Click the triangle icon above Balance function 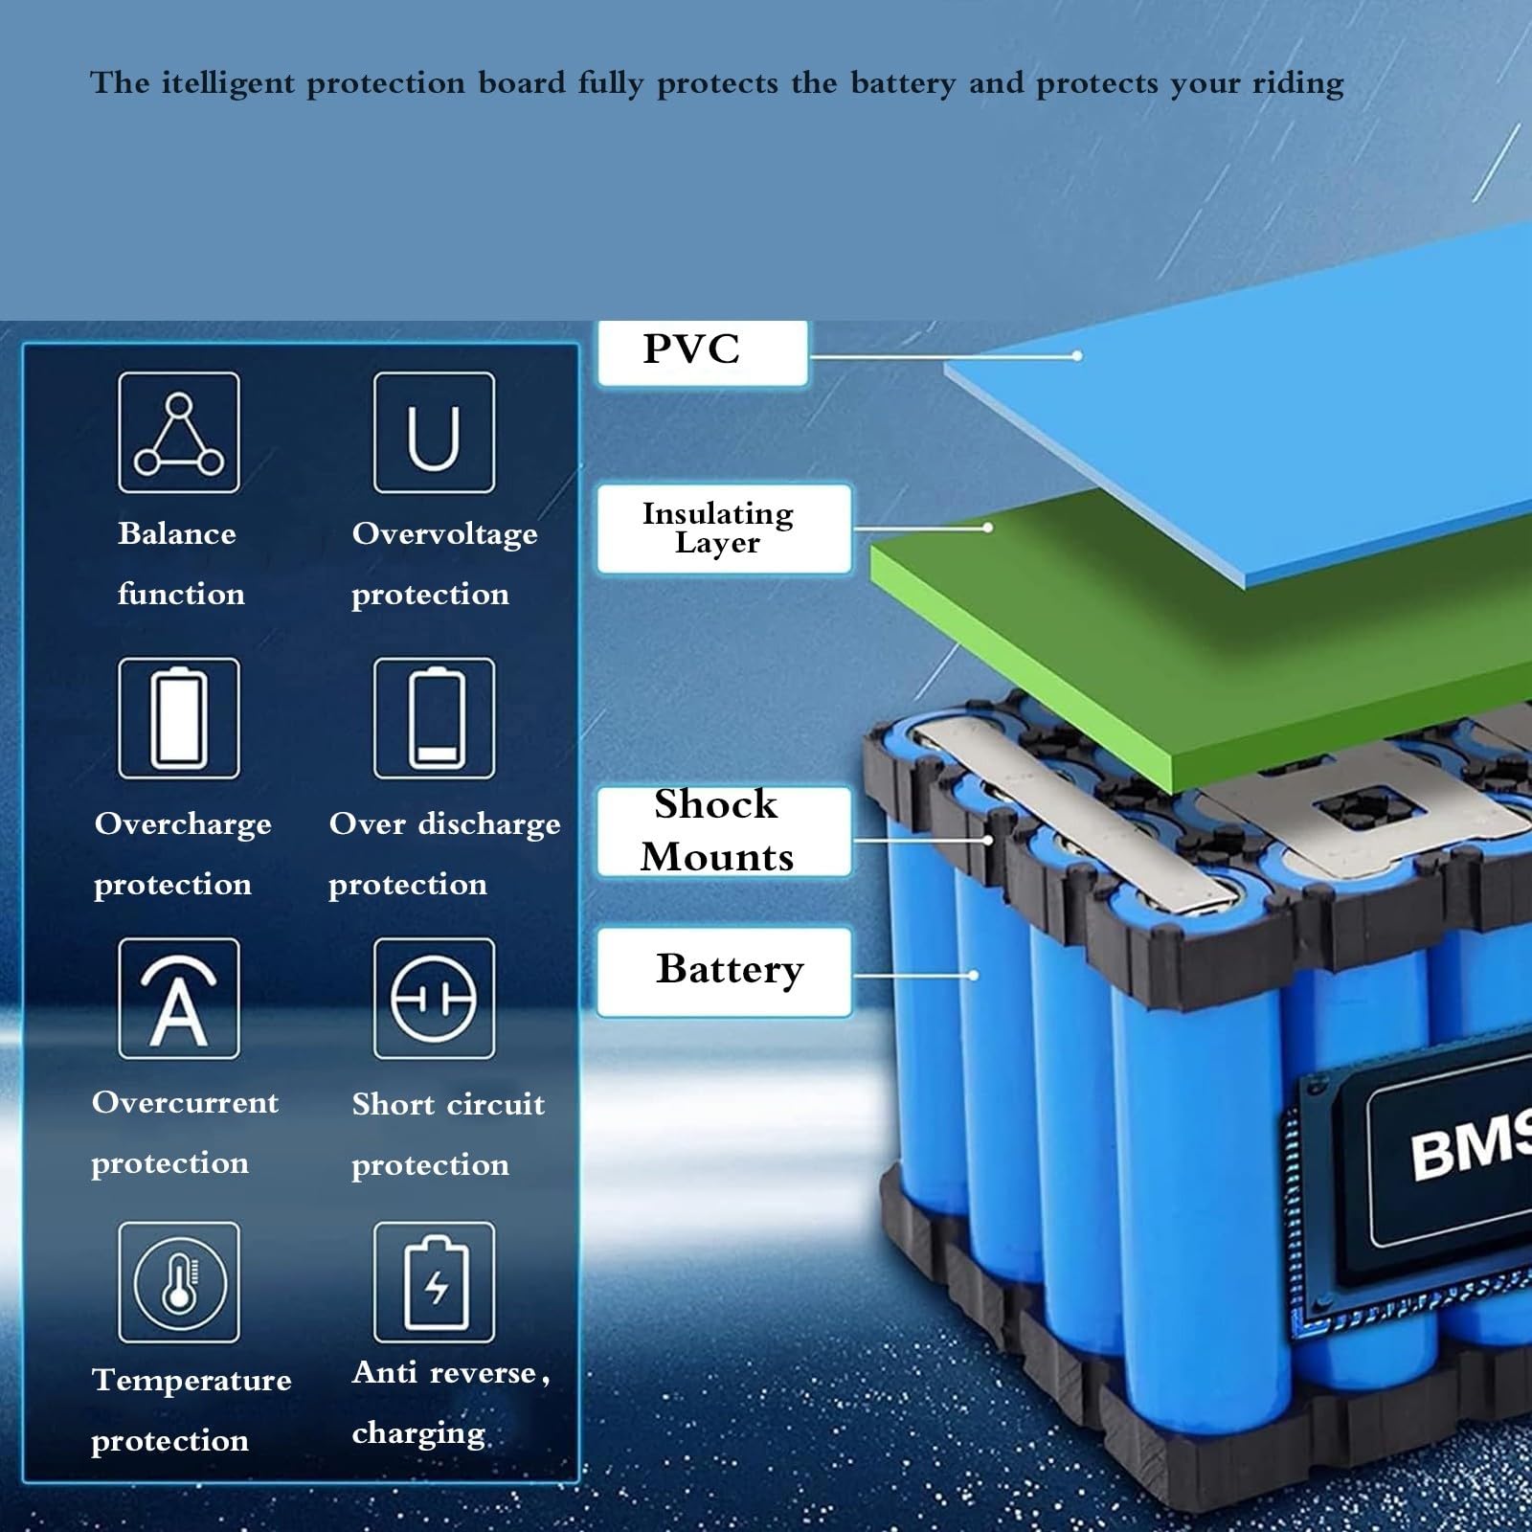point(179,433)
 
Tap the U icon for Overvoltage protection point(434,433)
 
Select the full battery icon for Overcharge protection point(179,718)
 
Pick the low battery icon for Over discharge point(434,718)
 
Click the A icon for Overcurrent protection point(179,999)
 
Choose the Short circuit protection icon point(434,999)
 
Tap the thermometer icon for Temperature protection point(179,1282)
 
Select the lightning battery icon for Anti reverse point(434,1282)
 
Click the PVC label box point(702,352)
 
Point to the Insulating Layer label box point(723,529)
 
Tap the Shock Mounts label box point(723,831)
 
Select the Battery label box point(723,971)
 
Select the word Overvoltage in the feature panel point(444,534)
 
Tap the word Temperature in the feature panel point(191,1381)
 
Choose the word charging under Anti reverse point(418,1434)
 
